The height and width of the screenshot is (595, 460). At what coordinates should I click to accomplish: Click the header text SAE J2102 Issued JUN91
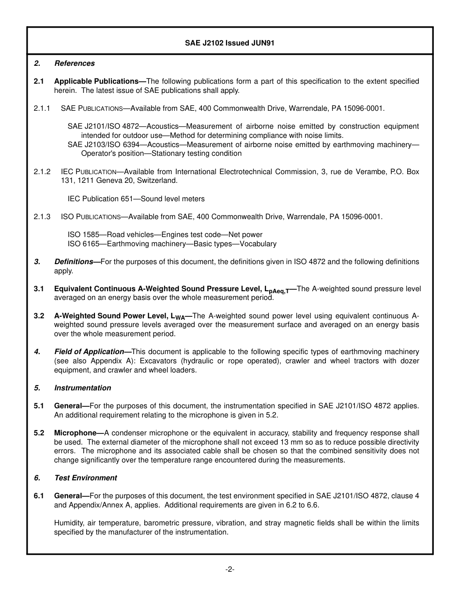point(230,43)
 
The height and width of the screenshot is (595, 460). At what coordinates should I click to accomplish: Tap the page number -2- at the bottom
point(230,569)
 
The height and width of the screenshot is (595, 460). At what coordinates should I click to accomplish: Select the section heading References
point(75,63)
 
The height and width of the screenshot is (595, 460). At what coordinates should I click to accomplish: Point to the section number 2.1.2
point(42,172)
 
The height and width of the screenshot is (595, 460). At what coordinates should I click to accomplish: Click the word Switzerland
point(157,180)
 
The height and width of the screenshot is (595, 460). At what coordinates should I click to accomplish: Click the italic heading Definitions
point(74,262)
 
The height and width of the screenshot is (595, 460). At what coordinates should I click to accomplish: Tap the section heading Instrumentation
point(82,388)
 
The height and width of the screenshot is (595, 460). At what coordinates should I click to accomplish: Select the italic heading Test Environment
point(86,478)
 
